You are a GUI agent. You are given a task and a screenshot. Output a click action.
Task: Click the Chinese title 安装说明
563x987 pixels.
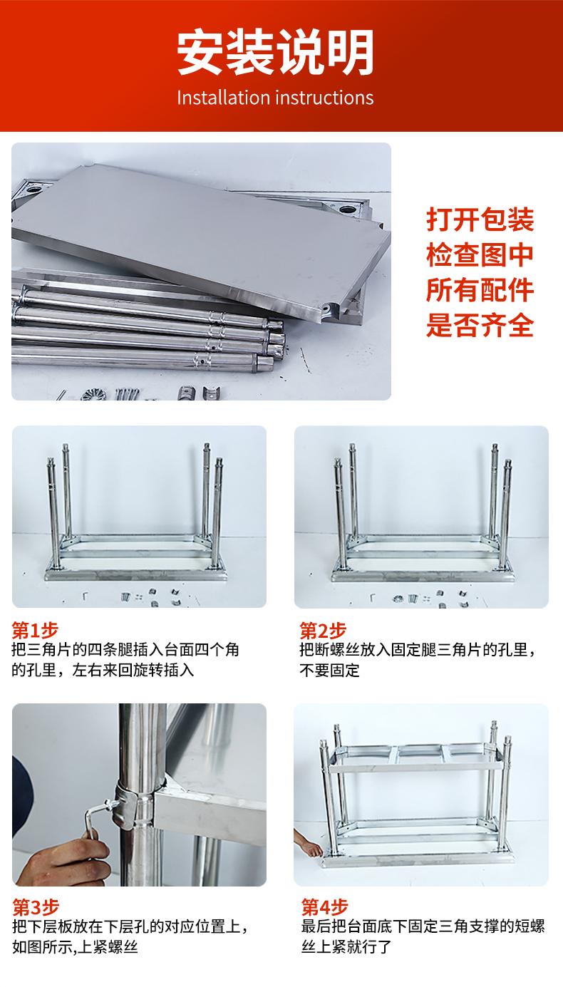tap(276, 52)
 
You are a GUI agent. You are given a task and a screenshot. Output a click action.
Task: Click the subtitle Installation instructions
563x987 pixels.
tap(275, 98)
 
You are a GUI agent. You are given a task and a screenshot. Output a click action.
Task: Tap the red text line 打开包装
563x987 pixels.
tap(480, 219)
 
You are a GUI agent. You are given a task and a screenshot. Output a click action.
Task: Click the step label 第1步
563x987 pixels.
tap(35, 631)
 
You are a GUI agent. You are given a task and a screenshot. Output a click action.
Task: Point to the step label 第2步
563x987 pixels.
tap(322, 631)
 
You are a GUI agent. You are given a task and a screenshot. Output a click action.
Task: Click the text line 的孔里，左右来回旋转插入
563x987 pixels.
tap(103, 670)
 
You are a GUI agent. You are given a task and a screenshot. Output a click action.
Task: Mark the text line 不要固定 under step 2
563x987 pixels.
tap(329, 670)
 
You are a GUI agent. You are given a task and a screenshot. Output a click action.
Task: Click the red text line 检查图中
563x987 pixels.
tap(480, 254)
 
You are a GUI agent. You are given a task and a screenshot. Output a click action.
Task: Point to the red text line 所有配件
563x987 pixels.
tap(480, 290)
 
